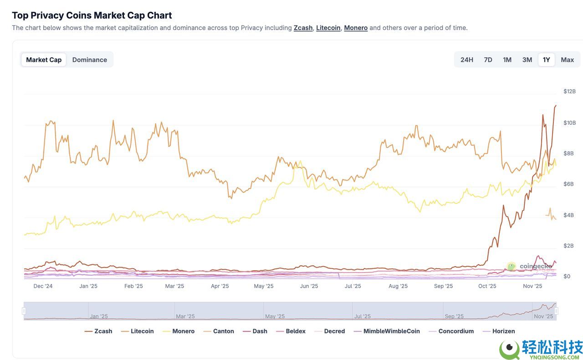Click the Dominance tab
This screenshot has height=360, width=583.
click(89, 60)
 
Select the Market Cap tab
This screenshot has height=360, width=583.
click(44, 60)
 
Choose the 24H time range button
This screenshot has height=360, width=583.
click(466, 60)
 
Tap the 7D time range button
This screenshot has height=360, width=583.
click(488, 60)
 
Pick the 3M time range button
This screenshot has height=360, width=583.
click(527, 60)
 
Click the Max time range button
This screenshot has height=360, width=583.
click(567, 60)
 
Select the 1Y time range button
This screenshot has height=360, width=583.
click(546, 60)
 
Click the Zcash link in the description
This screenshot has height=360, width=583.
click(303, 28)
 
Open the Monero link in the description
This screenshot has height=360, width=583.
click(356, 28)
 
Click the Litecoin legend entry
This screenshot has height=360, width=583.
click(142, 331)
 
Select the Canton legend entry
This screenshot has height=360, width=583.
click(223, 331)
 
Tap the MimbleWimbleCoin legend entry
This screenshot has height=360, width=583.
click(391, 331)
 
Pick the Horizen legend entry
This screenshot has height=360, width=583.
click(503, 331)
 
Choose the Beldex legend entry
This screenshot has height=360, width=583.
click(296, 331)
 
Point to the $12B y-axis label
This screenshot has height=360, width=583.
click(569, 91)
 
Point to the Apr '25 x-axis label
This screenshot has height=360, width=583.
click(220, 286)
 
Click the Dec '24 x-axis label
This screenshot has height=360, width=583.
click(43, 286)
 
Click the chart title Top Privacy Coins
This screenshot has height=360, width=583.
click(92, 15)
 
